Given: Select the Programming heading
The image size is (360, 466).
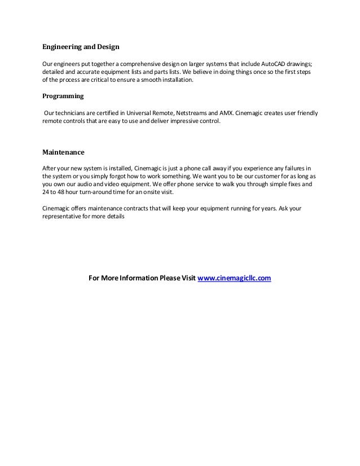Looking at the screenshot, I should point(63,96).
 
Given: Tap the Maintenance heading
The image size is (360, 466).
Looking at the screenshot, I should point(64,152).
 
